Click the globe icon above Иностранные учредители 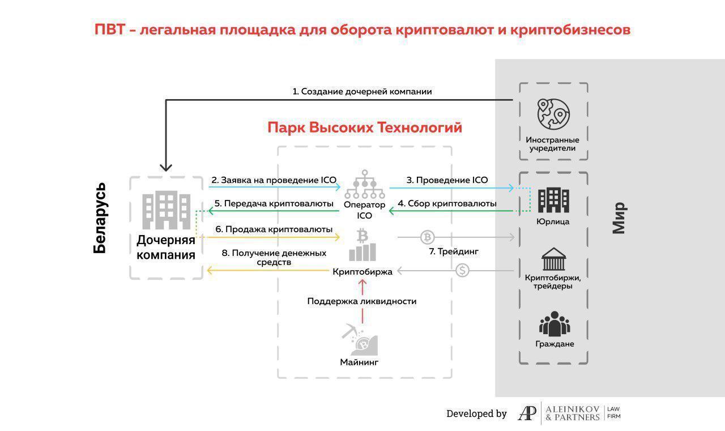[x=553, y=114]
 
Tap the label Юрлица [x=553, y=221]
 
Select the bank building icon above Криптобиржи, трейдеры [x=553, y=259]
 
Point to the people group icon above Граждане [x=554, y=324]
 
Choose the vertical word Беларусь [x=100, y=217]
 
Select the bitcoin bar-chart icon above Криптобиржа [x=362, y=245]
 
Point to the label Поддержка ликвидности [x=362, y=301]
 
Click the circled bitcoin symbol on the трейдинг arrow [x=427, y=237]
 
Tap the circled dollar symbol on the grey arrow [x=463, y=271]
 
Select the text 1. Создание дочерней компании [x=362, y=91]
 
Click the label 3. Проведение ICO [x=447, y=180]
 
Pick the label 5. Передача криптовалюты [x=273, y=203]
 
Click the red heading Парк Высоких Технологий [x=365, y=127]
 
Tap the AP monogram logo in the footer [x=527, y=414]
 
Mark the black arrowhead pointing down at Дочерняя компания [x=166, y=167]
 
